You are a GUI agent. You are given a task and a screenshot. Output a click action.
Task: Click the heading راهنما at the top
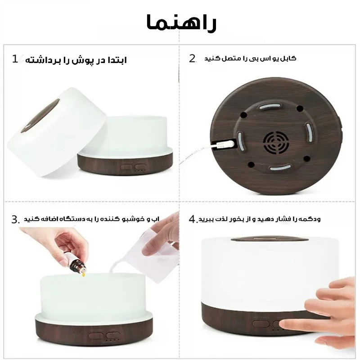(x=181, y=22)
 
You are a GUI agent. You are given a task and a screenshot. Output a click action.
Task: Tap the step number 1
(x=15, y=59)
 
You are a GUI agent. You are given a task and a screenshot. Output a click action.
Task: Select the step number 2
(x=192, y=58)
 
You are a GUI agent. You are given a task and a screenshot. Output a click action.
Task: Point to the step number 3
(x=15, y=220)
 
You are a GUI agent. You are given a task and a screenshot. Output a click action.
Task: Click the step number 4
(x=193, y=219)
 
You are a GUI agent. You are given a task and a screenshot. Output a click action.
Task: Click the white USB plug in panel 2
(x=225, y=145)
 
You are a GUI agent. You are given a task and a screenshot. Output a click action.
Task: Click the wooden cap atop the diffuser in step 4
(x=270, y=239)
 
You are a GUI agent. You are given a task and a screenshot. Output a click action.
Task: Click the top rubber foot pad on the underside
(x=270, y=106)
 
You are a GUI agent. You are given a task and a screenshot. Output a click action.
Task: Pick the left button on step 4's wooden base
(x=261, y=324)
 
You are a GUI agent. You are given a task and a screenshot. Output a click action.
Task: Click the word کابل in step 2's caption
(x=290, y=58)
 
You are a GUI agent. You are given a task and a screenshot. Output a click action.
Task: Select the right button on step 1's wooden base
(x=140, y=166)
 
